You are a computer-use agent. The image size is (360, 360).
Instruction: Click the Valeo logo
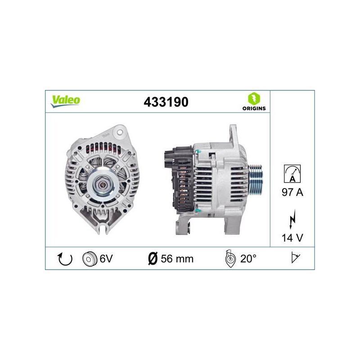(x=65, y=101)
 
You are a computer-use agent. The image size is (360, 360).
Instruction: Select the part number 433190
(x=166, y=102)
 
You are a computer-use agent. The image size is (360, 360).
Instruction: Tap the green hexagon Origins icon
(x=254, y=99)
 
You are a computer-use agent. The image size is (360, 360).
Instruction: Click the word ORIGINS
(x=254, y=108)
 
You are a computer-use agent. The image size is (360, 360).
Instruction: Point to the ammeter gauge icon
(x=292, y=174)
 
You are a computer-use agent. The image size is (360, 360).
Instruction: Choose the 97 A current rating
(x=292, y=192)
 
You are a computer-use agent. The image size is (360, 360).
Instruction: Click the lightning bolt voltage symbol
(x=292, y=219)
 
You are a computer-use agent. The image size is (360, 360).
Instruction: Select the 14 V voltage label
(x=292, y=238)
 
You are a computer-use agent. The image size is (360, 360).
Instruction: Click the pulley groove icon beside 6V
(x=89, y=259)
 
